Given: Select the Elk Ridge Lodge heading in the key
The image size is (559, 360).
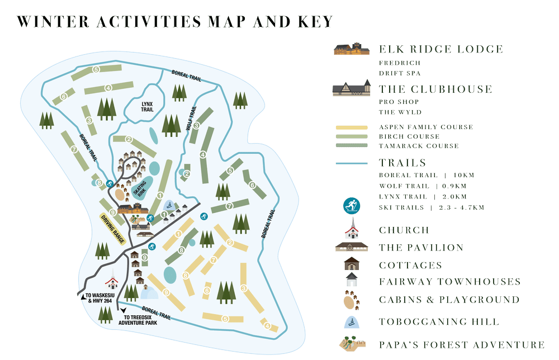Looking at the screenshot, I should [x=440, y=50].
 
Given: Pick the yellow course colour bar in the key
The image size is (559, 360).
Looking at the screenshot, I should [x=352, y=127].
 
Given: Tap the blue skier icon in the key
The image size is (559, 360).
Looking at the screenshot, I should [x=352, y=206].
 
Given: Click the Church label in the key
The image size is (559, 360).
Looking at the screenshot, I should [x=404, y=230].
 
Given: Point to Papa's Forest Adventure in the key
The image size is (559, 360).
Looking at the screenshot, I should [x=461, y=344].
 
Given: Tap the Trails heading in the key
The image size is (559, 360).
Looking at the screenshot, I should [x=402, y=163].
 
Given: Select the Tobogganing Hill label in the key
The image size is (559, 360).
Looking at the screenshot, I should [x=438, y=321].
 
